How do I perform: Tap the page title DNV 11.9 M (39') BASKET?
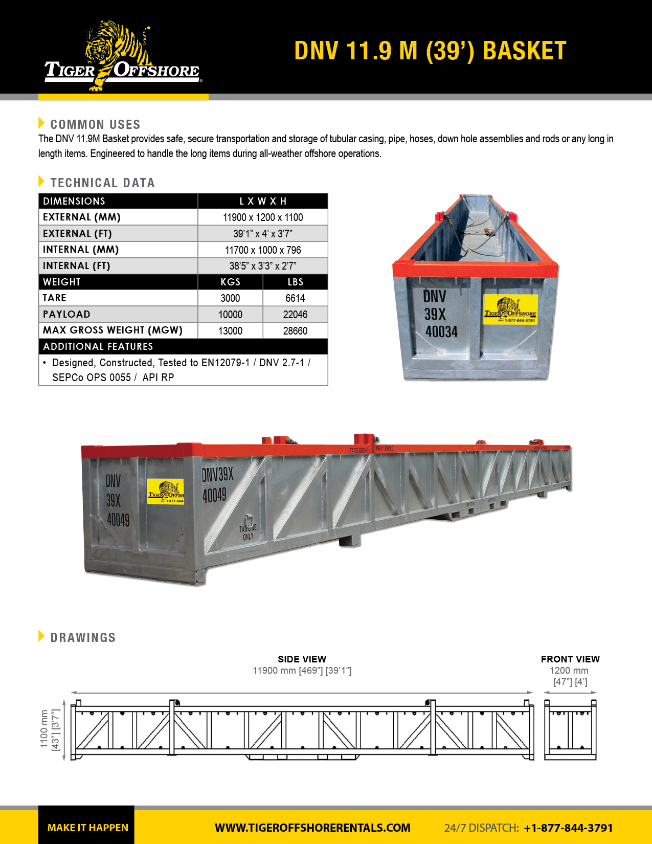pyautogui.click(x=430, y=51)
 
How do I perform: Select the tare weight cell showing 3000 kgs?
pyautogui.click(x=230, y=298)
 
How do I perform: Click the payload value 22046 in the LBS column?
pyautogui.click(x=295, y=315)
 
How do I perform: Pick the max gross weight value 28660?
pyautogui.click(x=295, y=331)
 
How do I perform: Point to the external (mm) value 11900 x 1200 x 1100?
pyautogui.click(x=263, y=217)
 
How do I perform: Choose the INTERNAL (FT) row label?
pyautogui.click(x=77, y=266)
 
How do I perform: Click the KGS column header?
pyautogui.click(x=230, y=282)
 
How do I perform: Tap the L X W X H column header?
pyautogui.click(x=263, y=201)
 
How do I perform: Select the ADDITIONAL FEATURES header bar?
pyautogui.click(x=183, y=346)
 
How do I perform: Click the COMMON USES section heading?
pyautogui.click(x=95, y=124)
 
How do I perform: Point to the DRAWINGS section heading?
pyautogui.click(x=83, y=637)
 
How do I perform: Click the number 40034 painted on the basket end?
pyautogui.click(x=441, y=332)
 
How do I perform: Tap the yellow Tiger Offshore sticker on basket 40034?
pyautogui.click(x=510, y=309)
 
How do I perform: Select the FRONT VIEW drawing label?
pyautogui.click(x=570, y=659)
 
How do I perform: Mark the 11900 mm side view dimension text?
pyautogui.click(x=302, y=671)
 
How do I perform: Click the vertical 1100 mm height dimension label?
pyautogui.click(x=44, y=729)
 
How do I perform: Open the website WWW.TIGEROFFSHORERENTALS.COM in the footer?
pyautogui.click(x=312, y=828)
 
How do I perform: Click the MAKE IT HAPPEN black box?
pyautogui.click(x=87, y=827)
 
